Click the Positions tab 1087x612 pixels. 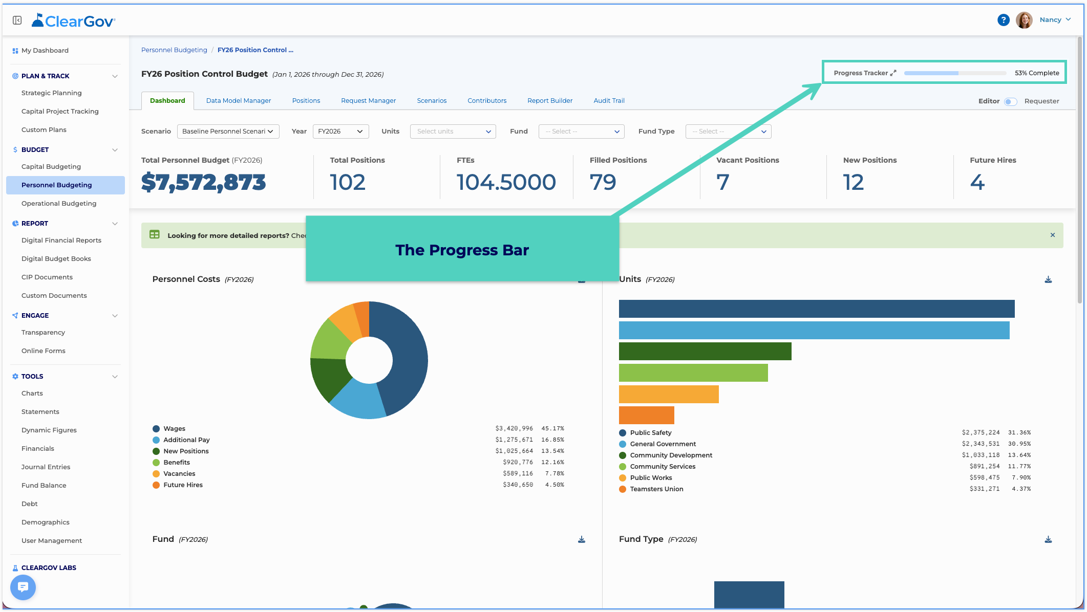point(306,101)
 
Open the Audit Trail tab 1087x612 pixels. point(609,101)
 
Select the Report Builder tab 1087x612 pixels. point(550,101)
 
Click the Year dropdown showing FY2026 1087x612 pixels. point(340,132)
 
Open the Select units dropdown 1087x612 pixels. point(453,132)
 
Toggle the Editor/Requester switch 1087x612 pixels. point(1010,101)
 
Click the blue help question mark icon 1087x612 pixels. point(1003,20)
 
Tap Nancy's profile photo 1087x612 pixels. point(1024,20)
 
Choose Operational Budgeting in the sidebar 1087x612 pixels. point(59,204)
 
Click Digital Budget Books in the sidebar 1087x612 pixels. point(56,259)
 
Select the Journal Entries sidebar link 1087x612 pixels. point(46,467)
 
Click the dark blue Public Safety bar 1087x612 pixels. point(817,309)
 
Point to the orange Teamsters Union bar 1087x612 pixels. point(647,415)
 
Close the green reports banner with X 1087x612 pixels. point(1053,235)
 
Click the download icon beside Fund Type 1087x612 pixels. point(1048,539)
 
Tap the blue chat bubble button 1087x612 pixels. point(23,587)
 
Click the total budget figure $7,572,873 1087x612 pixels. point(203,183)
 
